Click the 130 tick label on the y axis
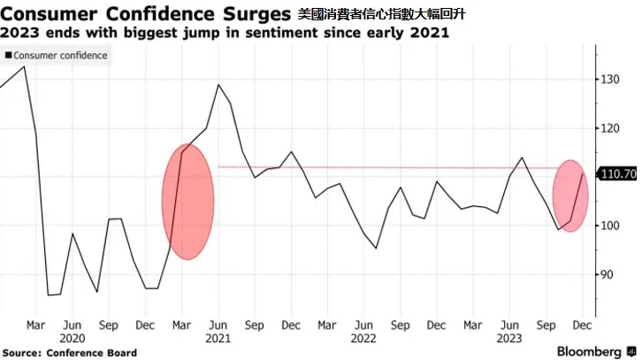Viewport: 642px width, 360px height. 610,79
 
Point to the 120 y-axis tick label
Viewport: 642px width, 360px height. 610,128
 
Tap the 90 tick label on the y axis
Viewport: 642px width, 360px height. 608,274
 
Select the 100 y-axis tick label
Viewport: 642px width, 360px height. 610,226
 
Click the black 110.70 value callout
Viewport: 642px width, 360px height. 618,174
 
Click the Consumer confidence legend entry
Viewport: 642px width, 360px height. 56,56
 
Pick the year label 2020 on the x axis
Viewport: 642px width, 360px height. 72,339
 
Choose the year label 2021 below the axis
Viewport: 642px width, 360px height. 218,339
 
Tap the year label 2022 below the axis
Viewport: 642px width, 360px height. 363,339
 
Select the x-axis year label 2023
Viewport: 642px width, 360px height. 509,339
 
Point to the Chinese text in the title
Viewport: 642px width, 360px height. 381,14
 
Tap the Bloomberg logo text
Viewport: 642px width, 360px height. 589,351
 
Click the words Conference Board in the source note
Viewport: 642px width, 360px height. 91,353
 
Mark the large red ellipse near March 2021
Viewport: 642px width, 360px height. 188,202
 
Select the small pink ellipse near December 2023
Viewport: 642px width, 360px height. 570,195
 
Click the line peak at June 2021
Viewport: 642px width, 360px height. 218,85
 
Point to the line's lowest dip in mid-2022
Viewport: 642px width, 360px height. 376,248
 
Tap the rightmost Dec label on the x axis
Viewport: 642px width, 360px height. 582,326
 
